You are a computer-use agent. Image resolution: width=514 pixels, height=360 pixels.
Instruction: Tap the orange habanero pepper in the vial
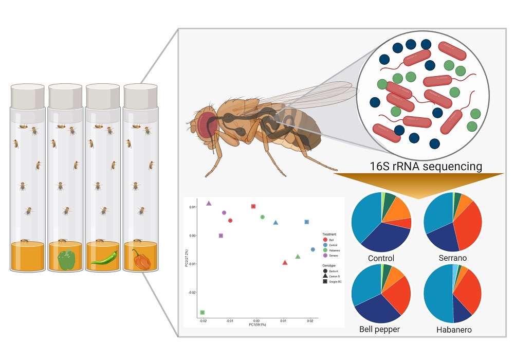pyautogui.click(x=141, y=260)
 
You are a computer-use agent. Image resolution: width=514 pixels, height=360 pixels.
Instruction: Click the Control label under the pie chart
pyautogui.click(x=381, y=258)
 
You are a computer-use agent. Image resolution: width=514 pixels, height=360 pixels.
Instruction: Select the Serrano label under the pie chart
pyautogui.click(x=452, y=258)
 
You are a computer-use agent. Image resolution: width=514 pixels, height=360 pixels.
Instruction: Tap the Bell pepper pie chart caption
pyautogui.click(x=381, y=329)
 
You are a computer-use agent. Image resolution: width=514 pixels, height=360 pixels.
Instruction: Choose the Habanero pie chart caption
pyautogui.click(x=452, y=330)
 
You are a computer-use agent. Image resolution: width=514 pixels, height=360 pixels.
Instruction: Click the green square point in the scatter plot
pyautogui.click(x=203, y=313)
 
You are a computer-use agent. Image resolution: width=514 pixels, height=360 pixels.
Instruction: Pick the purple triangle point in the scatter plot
pyautogui.click(x=209, y=203)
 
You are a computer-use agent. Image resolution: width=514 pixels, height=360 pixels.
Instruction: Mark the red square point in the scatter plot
pyautogui.click(x=253, y=207)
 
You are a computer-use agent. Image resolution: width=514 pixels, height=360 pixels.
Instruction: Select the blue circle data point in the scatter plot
pyautogui.click(x=313, y=249)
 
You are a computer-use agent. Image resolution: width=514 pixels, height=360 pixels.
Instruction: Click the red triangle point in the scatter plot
pyautogui.click(x=285, y=263)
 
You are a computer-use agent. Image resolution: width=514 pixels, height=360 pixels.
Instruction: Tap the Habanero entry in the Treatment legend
pyautogui.click(x=332, y=250)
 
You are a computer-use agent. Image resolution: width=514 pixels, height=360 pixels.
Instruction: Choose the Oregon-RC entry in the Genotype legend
pyautogui.click(x=333, y=281)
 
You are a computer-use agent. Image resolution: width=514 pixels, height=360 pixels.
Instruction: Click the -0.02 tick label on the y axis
pyautogui.click(x=192, y=292)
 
